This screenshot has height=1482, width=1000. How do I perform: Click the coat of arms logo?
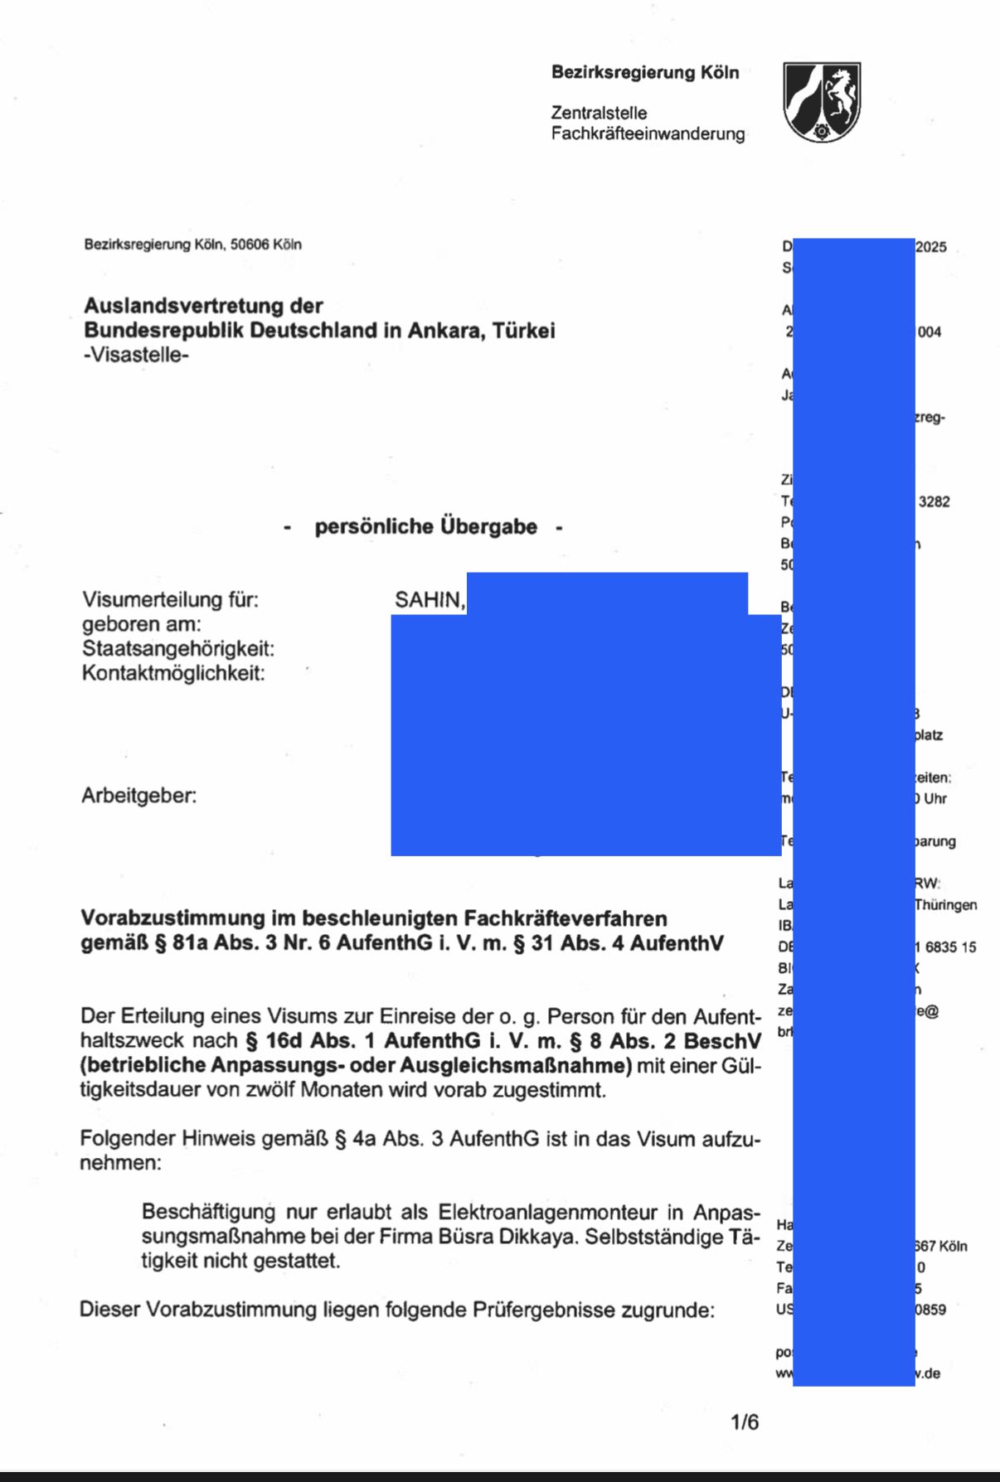click(x=822, y=101)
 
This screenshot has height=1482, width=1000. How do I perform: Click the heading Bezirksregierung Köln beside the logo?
click(x=645, y=73)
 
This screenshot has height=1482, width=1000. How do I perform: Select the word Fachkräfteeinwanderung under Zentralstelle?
click(x=648, y=133)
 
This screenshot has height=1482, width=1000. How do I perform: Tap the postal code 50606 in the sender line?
click(x=250, y=245)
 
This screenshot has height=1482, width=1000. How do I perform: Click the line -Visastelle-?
click(x=136, y=355)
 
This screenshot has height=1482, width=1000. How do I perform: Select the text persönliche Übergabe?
click(x=425, y=526)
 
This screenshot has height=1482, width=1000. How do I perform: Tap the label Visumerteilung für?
click(x=170, y=599)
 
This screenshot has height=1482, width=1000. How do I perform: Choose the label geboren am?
click(x=141, y=624)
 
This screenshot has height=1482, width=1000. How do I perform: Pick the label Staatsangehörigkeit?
click(x=177, y=648)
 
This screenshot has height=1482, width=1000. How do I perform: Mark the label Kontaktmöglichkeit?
click(x=173, y=673)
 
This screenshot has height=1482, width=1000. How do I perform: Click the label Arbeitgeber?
click(x=139, y=796)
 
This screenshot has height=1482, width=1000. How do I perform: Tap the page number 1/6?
click(x=745, y=1422)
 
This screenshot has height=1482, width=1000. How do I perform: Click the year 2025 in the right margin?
click(x=931, y=247)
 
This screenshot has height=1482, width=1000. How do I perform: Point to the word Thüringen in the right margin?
click(x=946, y=904)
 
